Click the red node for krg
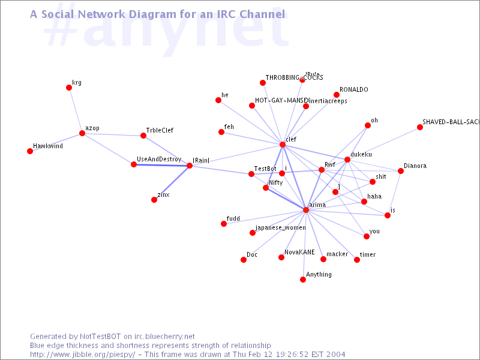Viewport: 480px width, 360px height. coord(69,88)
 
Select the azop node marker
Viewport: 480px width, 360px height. coord(82,133)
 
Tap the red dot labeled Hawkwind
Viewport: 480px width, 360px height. coord(30,151)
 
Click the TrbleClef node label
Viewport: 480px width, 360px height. coord(160,130)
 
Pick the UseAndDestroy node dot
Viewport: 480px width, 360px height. coord(134,164)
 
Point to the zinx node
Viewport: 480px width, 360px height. coord(154,200)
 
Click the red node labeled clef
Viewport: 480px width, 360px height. coord(283,145)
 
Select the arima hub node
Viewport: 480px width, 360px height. coord(306,210)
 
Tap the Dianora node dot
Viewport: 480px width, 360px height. coord(401,171)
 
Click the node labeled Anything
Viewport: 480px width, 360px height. coord(303,280)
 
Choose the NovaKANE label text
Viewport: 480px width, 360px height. coord(299,253)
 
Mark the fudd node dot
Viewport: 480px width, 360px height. coord(224,224)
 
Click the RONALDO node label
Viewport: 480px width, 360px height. coord(354,89)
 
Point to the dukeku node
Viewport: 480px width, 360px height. coord(347,160)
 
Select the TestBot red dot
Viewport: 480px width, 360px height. coord(251,174)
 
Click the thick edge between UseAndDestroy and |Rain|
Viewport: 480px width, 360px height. coord(162,165)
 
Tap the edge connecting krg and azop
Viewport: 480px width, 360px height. coord(76,110)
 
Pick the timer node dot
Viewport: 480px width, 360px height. coord(357,260)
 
